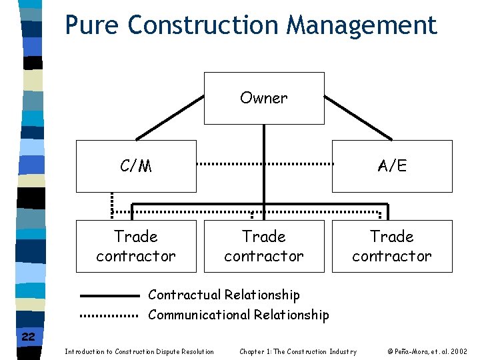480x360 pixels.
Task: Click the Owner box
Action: point(264,99)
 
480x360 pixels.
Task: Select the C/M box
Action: point(136,166)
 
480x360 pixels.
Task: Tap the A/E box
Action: point(392,166)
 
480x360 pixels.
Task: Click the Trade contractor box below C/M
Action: point(136,246)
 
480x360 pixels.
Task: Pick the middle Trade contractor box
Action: point(264,246)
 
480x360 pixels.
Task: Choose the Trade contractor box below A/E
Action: point(392,246)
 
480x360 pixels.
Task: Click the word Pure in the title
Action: point(93,25)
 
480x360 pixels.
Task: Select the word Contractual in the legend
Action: point(184,295)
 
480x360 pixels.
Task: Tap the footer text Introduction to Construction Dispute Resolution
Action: point(139,351)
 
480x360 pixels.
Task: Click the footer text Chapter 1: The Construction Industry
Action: point(298,351)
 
